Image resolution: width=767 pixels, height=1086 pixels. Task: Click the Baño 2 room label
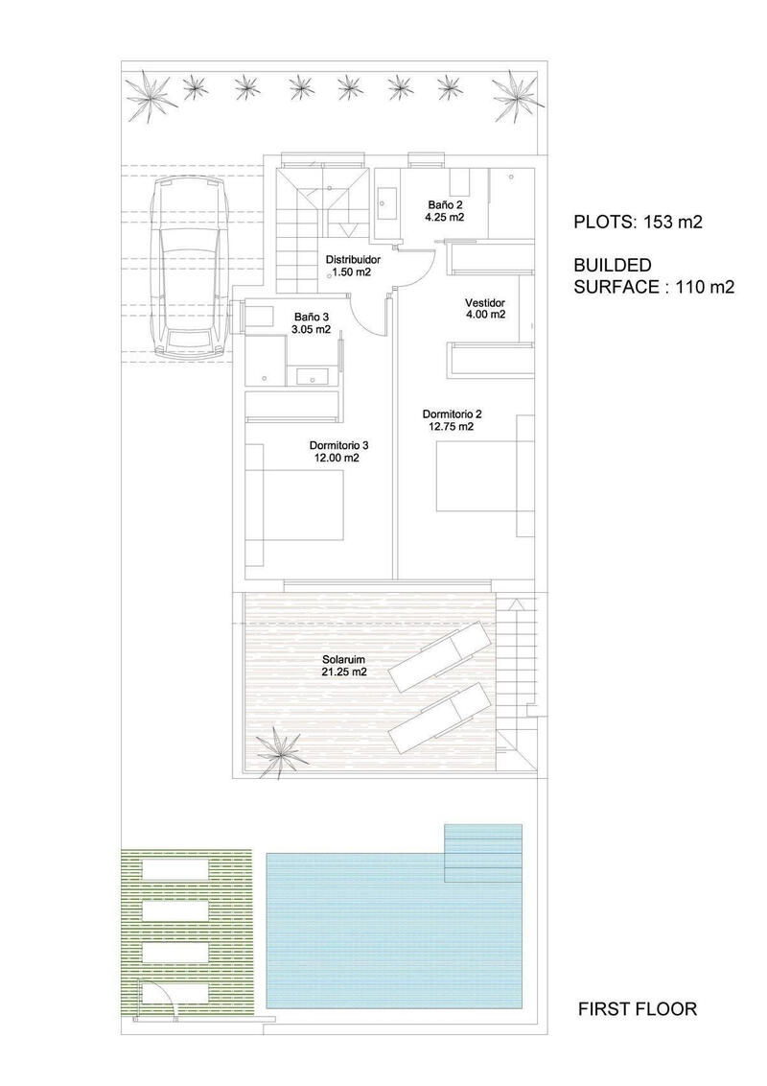tap(446, 210)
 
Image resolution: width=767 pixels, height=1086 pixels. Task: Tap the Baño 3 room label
tap(312, 322)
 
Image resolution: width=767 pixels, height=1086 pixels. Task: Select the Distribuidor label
tap(353, 266)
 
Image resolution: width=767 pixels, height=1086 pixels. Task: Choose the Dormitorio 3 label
tap(338, 451)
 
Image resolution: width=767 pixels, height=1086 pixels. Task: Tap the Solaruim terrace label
tap(344, 666)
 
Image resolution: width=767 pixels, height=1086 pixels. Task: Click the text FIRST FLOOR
tap(637, 1009)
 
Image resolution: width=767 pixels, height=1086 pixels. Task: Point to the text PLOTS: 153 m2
tap(638, 223)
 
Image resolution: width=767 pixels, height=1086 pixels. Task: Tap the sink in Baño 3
tap(312, 375)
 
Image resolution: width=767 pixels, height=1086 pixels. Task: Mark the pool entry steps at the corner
tap(484, 852)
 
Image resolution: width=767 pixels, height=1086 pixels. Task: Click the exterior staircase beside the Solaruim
tap(518, 672)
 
